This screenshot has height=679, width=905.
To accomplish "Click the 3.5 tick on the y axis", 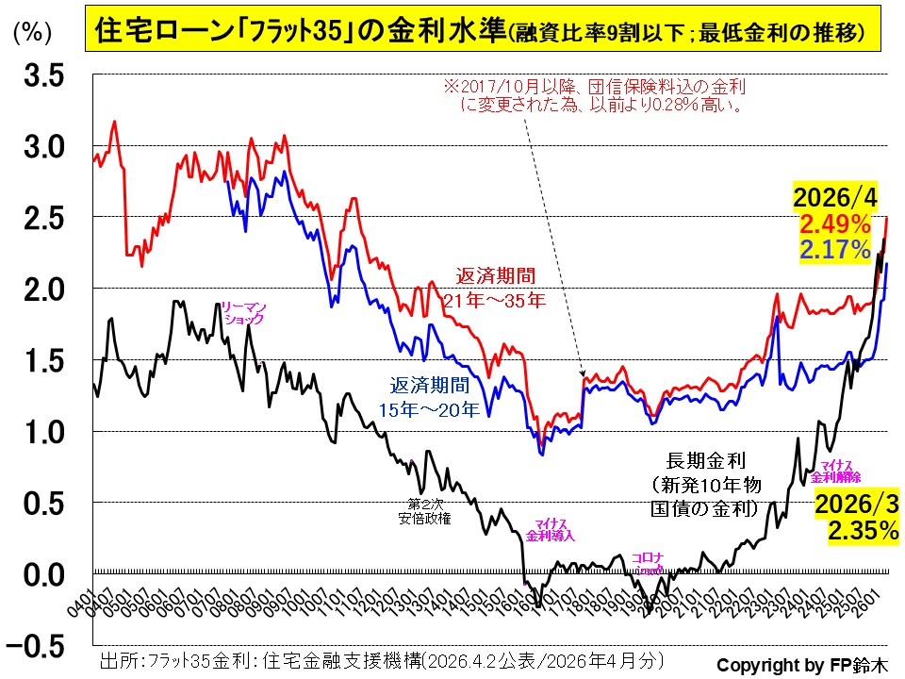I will [44, 75].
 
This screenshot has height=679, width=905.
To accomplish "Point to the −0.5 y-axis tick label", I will [37, 646].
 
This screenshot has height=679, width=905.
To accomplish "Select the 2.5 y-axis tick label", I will [44, 218].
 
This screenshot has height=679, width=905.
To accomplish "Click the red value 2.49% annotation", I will [834, 224].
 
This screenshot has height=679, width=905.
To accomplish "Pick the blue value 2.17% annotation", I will [834, 249].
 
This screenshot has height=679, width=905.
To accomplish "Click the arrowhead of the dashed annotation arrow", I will [584, 375].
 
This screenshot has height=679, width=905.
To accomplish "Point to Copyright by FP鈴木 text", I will [801, 662].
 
